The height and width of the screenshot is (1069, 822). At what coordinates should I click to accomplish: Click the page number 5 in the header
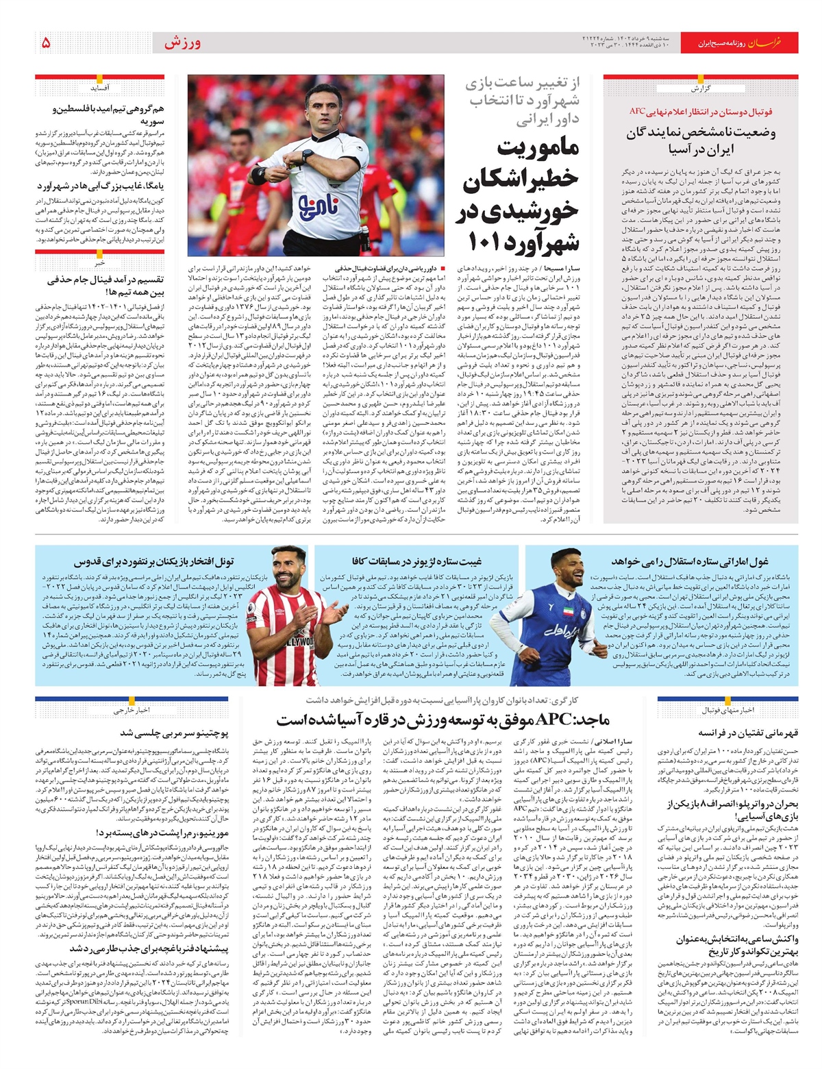[x=46, y=43]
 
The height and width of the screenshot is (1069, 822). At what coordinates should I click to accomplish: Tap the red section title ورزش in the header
[x=182, y=43]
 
